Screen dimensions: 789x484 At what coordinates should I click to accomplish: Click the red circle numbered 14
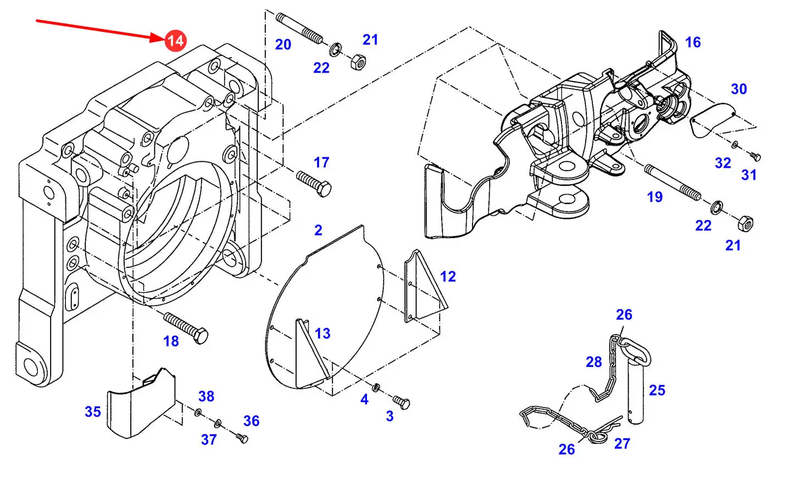click(x=175, y=41)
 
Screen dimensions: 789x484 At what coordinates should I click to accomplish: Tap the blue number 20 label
click(x=283, y=45)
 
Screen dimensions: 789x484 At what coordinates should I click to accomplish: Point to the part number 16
click(x=693, y=42)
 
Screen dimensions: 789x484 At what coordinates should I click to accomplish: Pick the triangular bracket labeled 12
click(x=424, y=286)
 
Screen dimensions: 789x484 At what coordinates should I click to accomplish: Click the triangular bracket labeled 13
click(x=311, y=353)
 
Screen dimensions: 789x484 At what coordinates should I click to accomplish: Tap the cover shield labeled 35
click(x=141, y=403)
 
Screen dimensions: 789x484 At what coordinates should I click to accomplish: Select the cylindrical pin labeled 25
click(x=636, y=393)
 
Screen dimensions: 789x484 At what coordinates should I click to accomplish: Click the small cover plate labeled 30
click(x=712, y=120)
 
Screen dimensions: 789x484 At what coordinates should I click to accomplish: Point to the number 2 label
click(x=318, y=230)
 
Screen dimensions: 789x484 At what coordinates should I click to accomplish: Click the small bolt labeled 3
click(x=401, y=403)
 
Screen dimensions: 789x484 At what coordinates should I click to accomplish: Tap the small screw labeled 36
click(x=242, y=438)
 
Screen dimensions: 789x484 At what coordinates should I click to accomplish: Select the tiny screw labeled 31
click(x=755, y=156)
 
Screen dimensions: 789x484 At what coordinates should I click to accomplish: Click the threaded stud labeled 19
click(x=673, y=183)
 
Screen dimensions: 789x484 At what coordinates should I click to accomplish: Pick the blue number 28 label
click(x=594, y=362)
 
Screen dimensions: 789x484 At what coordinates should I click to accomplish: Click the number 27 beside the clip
click(x=622, y=443)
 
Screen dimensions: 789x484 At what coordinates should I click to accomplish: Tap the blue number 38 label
click(x=207, y=396)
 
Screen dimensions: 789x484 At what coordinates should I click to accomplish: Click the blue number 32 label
click(x=723, y=163)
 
